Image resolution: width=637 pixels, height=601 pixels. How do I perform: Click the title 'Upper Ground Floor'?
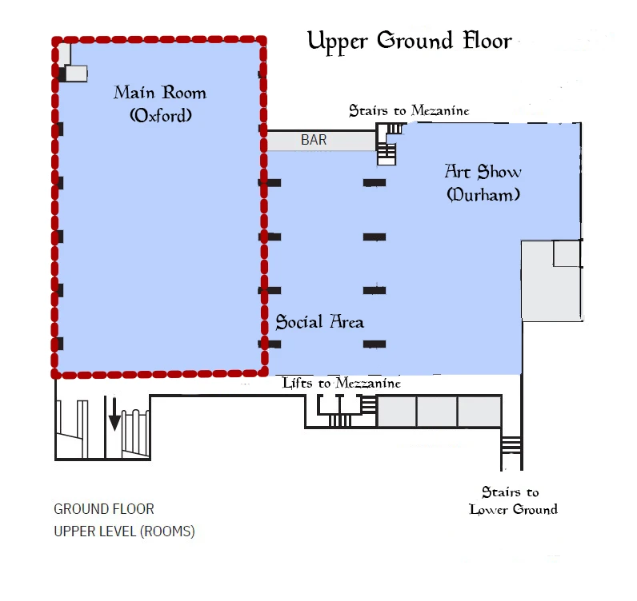coord(409,41)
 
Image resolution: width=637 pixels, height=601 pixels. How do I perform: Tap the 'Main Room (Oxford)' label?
coord(160,103)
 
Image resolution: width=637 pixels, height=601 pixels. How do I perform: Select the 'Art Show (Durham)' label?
coord(483,182)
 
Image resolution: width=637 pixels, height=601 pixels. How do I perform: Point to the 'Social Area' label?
coord(319,322)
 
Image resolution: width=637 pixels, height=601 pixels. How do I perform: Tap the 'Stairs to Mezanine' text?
coord(408,110)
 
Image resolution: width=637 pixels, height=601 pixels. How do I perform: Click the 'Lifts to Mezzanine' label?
coord(341,384)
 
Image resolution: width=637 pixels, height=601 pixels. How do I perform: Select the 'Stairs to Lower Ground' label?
coord(513,501)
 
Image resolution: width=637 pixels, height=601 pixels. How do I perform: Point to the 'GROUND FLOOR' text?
coord(104,509)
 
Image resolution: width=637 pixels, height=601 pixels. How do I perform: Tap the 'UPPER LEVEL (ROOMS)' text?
coord(124,531)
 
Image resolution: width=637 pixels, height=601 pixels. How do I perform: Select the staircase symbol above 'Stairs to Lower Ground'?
coord(511,444)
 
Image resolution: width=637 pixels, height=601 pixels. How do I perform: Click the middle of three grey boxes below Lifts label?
coord(437,412)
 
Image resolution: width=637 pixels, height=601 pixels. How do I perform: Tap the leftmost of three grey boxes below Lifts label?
coord(396,412)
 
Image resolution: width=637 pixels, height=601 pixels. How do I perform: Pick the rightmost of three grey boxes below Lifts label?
coord(479,412)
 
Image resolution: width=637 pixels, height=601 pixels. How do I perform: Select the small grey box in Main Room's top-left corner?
coord(75,74)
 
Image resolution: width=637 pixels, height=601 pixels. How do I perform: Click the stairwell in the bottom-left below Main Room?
coord(102,429)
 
